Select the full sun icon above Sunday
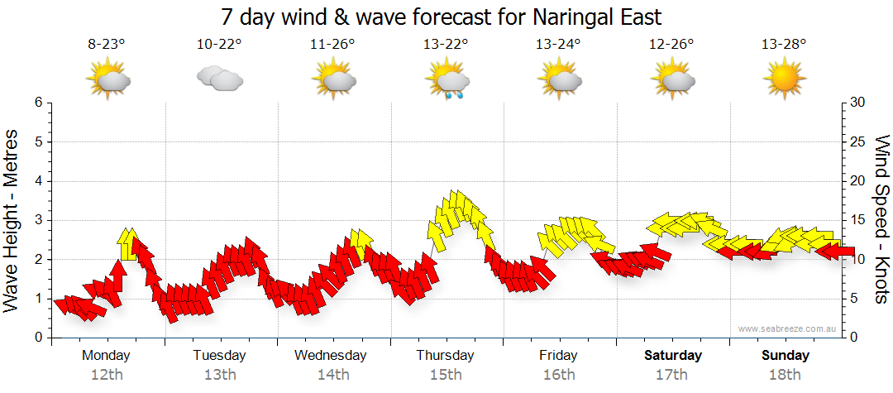click(x=784, y=81)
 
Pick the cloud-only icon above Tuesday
click(x=219, y=79)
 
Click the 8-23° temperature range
click(x=107, y=45)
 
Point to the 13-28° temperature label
click(x=784, y=45)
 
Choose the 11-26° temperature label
click(x=333, y=45)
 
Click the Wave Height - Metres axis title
click(x=13, y=220)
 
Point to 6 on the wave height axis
click(x=37, y=103)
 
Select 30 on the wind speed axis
click(x=858, y=103)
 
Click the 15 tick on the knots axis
click(x=858, y=220)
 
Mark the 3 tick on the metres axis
click(x=37, y=220)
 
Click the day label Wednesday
click(x=331, y=356)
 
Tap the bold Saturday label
click(x=673, y=356)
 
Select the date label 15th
click(x=446, y=375)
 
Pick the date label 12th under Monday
click(x=107, y=375)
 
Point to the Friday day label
click(x=559, y=356)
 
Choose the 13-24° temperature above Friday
click(x=559, y=45)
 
